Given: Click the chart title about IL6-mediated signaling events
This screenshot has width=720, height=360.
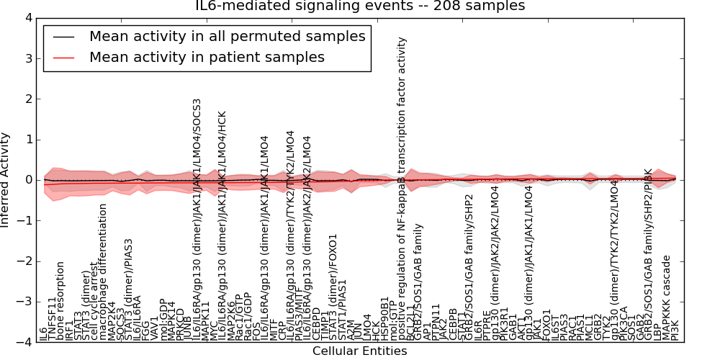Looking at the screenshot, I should tap(360, 6).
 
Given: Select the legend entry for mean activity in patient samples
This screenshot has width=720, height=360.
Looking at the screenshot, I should tap(207, 58).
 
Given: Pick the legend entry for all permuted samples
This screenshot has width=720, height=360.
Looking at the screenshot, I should tap(227, 36).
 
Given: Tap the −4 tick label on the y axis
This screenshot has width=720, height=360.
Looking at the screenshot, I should tap(23, 343).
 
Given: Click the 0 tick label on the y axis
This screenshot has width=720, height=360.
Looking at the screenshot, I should tap(27, 180).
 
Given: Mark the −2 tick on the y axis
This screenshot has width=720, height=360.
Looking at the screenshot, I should tap(23, 261).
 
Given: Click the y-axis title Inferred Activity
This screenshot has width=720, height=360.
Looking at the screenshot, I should tap(6, 180).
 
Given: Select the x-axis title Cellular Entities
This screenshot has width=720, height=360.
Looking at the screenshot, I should tap(360, 351).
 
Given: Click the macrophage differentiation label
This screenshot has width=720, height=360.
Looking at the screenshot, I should tap(103, 272).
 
